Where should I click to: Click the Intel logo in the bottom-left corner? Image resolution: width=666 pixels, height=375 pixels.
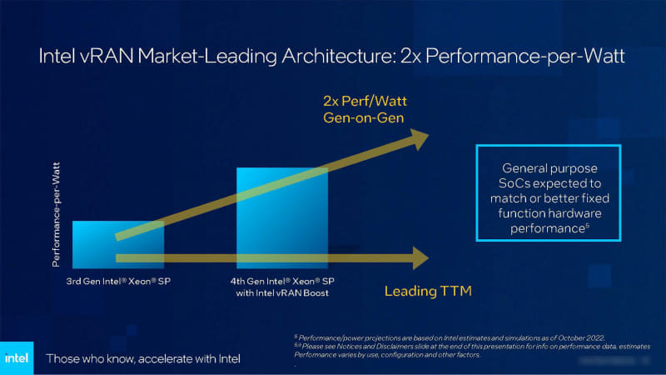pos(18,358)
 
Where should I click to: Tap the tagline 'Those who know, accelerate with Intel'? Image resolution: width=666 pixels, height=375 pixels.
pos(142,359)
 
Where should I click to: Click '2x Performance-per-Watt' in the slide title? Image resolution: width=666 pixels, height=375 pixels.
pos(495,59)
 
